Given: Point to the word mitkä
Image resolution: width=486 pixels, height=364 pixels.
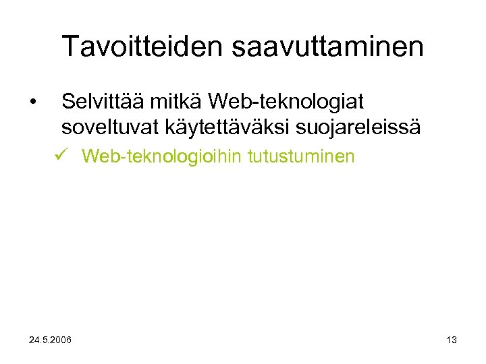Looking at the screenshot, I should point(178,102).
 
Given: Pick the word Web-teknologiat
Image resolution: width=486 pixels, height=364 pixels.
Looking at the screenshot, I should point(286,102).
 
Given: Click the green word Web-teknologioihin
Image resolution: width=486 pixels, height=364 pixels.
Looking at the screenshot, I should point(163,157).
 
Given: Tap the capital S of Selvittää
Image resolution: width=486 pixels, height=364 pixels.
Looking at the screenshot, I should point(67,102).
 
